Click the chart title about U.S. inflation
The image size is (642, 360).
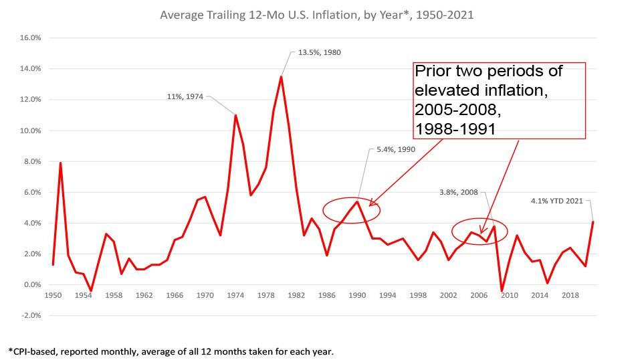(316, 14)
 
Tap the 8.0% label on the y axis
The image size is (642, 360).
(32, 161)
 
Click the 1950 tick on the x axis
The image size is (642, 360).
(52, 295)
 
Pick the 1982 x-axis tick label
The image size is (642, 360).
(297, 295)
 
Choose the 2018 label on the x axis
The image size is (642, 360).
(570, 295)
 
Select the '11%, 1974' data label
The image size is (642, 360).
(186, 97)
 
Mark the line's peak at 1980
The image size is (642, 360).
(281, 77)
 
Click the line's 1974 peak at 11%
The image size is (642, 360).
(235, 115)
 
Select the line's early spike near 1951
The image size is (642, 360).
(60, 163)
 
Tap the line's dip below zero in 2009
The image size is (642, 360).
(502, 290)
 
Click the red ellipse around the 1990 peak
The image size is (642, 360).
(351, 210)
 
